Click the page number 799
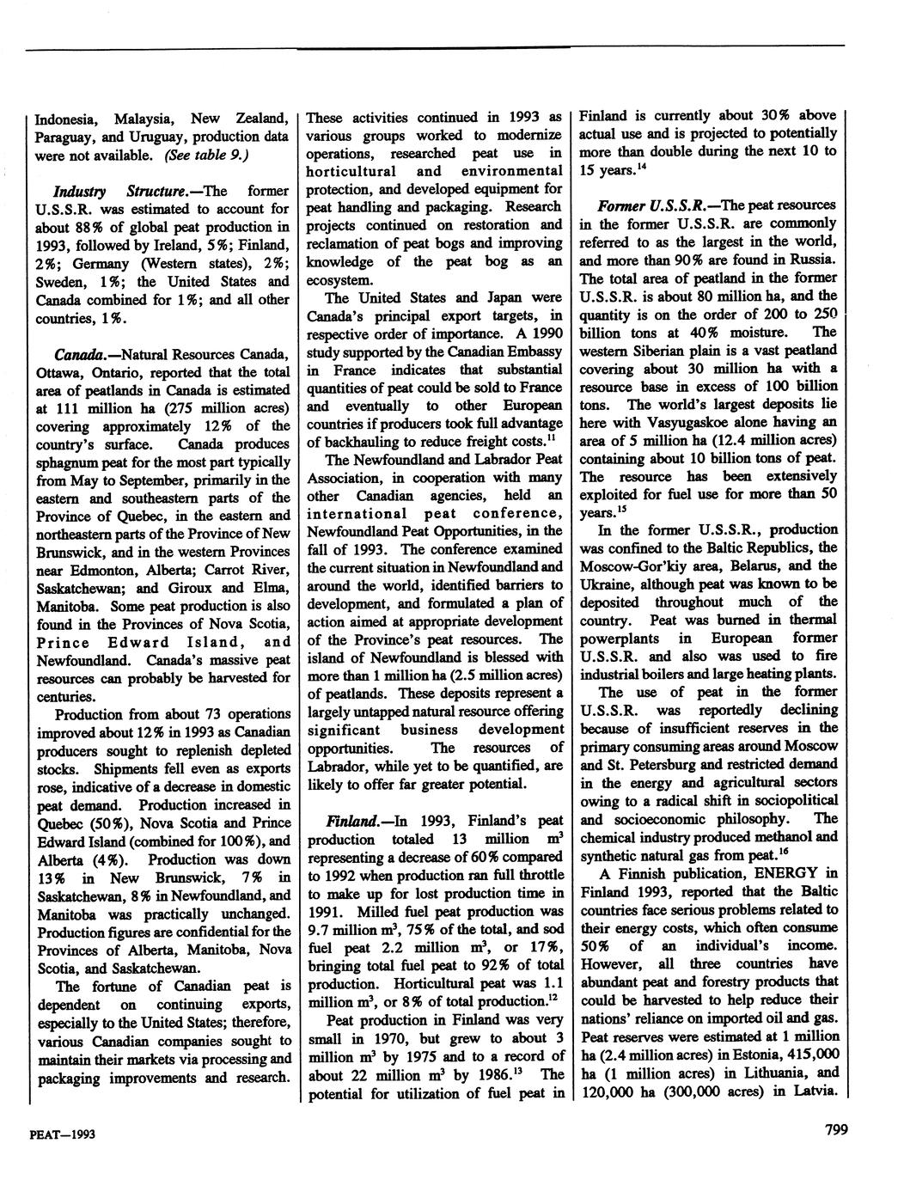(832, 1130)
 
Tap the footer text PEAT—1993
(61, 1134)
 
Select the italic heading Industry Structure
(107, 189)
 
